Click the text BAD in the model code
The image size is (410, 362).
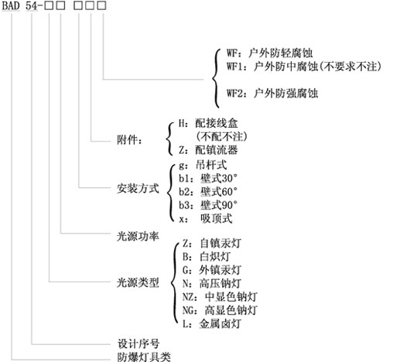[11, 5]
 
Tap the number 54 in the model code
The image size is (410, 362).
[32, 5]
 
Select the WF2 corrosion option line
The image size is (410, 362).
[272, 93]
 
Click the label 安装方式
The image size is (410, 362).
[138, 188]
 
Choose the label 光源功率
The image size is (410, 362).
[138, 236]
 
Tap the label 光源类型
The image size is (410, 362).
[138, 282]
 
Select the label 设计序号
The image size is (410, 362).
[138, 343]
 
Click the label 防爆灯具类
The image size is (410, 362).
[144, 357]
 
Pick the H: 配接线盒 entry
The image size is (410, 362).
[208, 123]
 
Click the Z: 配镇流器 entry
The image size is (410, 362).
[208, 150]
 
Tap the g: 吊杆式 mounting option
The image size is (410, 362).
[203, 165]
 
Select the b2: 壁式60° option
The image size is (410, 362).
[208, 192]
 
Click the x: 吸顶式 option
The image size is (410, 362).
[206, 218]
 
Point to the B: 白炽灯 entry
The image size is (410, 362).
[207, 256]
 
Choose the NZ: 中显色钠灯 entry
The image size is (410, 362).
[220, 297]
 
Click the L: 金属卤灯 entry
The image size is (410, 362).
[211, 324]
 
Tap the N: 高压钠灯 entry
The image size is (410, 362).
[211, 283]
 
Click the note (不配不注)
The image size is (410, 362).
[222, 136]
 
